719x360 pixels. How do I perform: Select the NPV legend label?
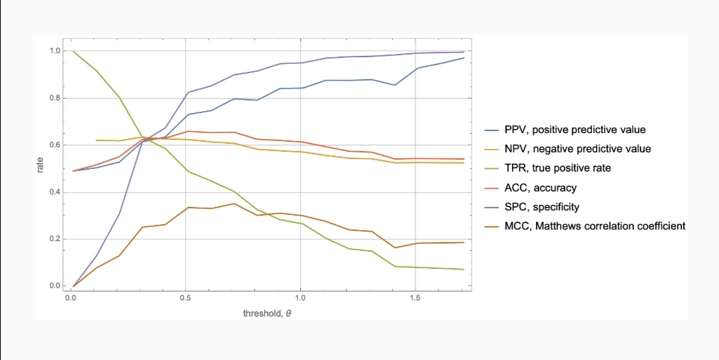coord(568,149)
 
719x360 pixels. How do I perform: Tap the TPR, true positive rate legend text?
coord(547,168)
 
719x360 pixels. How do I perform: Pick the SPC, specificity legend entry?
coord(532,207)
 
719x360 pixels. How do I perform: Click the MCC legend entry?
coord(585,226)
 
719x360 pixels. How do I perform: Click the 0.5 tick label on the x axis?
coord(185,297)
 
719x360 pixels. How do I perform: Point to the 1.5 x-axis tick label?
coord(415,297)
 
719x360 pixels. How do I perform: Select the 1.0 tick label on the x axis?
coord(300,297)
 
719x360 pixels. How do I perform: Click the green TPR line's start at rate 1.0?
coord(73,51)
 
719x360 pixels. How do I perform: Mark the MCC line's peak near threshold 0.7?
coord(234,204)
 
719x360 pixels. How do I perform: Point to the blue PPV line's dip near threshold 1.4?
coord(394,85)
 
